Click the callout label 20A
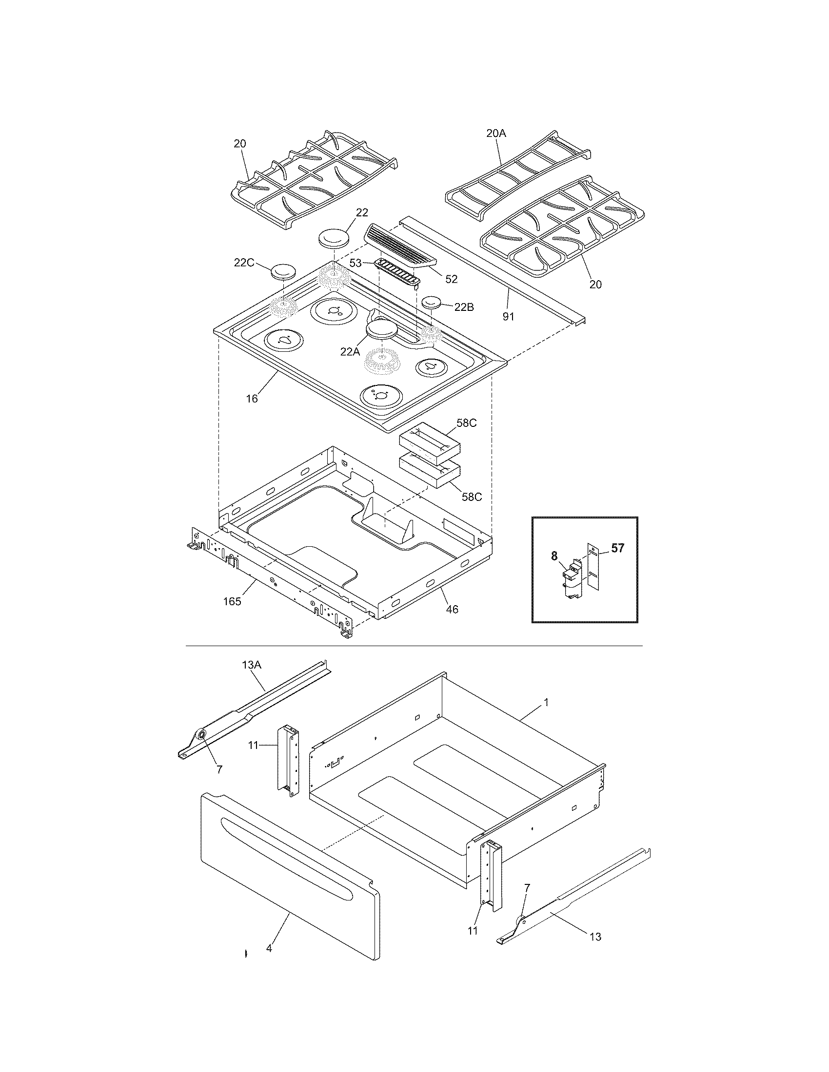(496, 133)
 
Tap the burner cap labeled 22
(334, 240)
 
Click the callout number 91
(508, 317)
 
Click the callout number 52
(451, 279)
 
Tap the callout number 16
(252, 399)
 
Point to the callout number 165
(232, 601)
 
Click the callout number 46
(452, 609)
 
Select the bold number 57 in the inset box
(617, 548)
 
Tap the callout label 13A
(252, 665)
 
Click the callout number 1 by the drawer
(546, 703)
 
